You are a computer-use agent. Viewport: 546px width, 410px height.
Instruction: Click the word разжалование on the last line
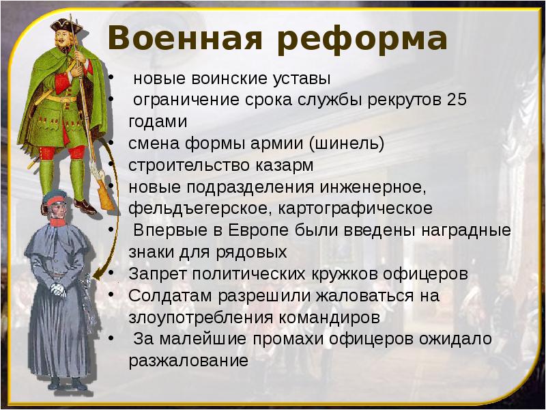tap(187, 361)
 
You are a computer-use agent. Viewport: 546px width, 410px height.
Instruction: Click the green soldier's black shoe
tap(85, 206)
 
